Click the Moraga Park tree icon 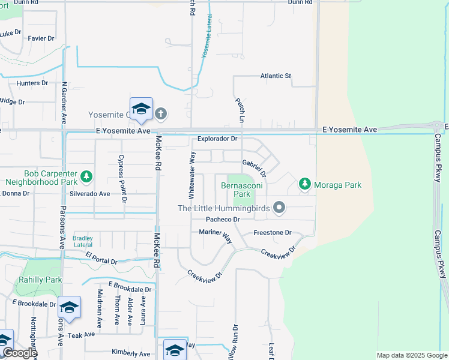305,184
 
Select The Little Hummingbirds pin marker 279,208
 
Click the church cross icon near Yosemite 160,113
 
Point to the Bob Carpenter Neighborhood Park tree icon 88,176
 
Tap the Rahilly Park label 40,280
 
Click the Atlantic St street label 276,76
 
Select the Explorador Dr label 218,139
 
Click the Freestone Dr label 273,232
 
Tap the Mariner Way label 215,235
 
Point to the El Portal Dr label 101,259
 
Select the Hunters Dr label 32,83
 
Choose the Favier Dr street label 41,38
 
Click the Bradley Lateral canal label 83,241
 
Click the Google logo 19,353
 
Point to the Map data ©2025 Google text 411,355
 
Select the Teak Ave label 82,335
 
